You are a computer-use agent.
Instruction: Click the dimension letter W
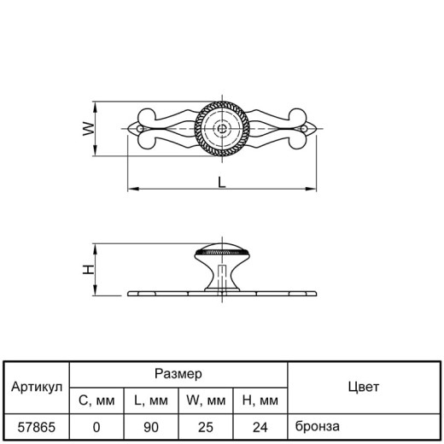(88, 129)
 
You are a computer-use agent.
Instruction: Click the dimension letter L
(222, 182)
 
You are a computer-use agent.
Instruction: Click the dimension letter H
(88, 269)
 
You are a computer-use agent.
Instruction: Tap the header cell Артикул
(37, 387)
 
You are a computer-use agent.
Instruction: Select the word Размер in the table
(178, 374)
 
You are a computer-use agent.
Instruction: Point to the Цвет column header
(364, 387)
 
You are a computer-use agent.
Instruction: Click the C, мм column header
(96, 400)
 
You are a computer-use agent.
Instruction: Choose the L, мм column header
(151, 400)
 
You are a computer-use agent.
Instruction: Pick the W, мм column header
(206, 400)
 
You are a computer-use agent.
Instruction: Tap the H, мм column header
(260, 400)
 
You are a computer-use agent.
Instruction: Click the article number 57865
(37, 428)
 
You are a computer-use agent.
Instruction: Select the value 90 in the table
(151, 428)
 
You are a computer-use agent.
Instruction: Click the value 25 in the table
(206, 428)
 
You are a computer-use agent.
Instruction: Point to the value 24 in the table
(260, 428)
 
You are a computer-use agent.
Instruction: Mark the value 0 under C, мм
(96, 428)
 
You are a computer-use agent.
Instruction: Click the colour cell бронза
(318, 426)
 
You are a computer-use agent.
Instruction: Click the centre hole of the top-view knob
(222, 129)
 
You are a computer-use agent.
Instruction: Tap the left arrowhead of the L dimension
(133, 189)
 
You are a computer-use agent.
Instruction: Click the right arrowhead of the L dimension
(311, 189)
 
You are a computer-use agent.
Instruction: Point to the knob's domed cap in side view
(222, 247)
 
